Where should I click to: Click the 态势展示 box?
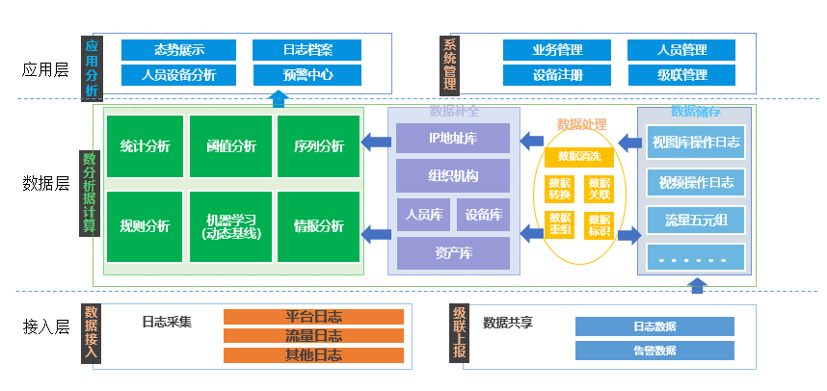[x=178, y=50]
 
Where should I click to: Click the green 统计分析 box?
[x=145, y=146]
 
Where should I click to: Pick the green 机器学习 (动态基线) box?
[x=231, y=226]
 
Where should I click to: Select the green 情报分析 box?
[x=318, y=226]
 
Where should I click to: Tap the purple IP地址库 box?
[x=452, y=138]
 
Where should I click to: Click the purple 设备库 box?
[x=482, y=215]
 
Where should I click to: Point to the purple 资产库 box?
[x=452, y=253]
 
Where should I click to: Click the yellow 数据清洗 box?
[x=579, y=156]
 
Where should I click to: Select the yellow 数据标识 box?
[x=600, y=225]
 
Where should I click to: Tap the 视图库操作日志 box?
[x=696, y=143]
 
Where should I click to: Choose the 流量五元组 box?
[x=696, y=220]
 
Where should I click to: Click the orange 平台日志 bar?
[x=313, y=317]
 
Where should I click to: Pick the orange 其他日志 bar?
[x=313, y=355]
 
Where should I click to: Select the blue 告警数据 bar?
[x=654, y=351]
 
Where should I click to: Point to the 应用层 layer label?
[x=45, y=69]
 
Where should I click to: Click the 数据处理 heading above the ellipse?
[x=582, y=124]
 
